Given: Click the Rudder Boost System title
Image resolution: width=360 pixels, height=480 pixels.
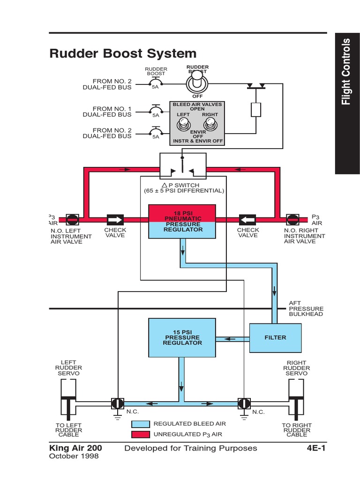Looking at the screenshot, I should click(x=123, y=53).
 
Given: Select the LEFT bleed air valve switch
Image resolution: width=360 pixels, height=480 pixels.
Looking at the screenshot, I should click(x=183, y=125).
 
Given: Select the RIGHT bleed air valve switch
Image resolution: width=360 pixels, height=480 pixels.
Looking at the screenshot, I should click(x=210, y=125).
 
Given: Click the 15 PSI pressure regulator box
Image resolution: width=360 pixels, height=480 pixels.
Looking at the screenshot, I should click(x=182, y=337).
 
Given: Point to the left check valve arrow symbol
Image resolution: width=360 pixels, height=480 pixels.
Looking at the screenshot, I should click(x=115, y=219).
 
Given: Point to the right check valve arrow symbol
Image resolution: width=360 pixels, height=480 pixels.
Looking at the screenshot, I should click(x=248, y=219).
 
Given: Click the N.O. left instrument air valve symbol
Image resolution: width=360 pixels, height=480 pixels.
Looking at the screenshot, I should click(x=72, y=219).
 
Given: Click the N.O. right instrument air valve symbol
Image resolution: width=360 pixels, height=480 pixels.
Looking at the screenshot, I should click(x=292, y=219).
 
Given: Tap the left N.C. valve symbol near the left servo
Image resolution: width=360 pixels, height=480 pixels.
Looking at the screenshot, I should click(x=117, y=403).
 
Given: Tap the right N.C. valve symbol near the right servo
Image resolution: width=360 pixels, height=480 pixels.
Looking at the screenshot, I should click(x=244, y=403).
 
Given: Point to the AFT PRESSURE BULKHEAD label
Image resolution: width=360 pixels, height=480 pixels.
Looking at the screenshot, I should click(x=306, y=309).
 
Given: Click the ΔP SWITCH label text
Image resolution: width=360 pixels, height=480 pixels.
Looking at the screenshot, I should click(x=184, y=188).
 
